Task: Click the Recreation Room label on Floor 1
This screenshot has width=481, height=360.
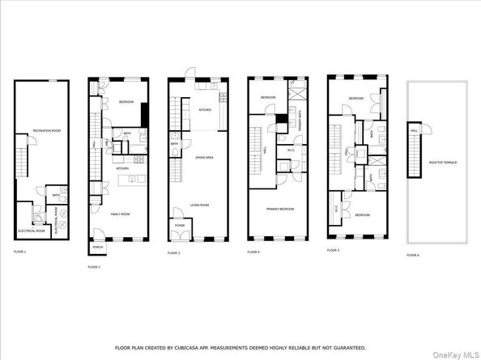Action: coord(43,130)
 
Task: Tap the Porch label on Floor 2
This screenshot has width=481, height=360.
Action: coord(97,247)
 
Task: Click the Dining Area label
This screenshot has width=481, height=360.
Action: coord(203,157)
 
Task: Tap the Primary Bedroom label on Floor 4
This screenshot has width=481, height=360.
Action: coord(279,209)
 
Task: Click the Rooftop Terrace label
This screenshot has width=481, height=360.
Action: coord(443,163)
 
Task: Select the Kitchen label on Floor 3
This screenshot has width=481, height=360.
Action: coord(206,108)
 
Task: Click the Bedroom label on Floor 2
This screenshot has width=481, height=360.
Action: coord(126,103)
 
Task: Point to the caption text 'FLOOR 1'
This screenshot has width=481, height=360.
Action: coord(19,252)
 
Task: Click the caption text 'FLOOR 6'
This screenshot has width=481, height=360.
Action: coord(413,255)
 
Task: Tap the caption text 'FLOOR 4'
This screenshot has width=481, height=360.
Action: coord(254,252)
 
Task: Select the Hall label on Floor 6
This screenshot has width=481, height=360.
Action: coord(414,130)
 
